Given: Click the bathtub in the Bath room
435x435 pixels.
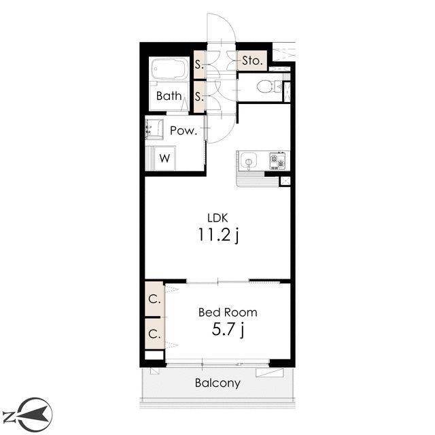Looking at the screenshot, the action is pyautogui.click(x=169, y=69).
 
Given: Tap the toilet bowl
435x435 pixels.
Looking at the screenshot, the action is pyautogui.click(x=268, y=86).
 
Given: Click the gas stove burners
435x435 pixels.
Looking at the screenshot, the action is pyautogui.click(x=278, y=161).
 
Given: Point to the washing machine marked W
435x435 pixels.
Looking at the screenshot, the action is pyautogui.click(x=164, y=158).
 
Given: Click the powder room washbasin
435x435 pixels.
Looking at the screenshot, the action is pyautogui.click(x=154, y=129).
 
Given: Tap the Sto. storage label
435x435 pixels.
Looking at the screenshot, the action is pyautogui.click(x=252, y=60).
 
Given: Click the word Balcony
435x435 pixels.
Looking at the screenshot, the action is pyautogui.click(x=217, y=383).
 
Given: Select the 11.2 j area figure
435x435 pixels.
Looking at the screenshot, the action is pyautogui.click(x=218, y=235).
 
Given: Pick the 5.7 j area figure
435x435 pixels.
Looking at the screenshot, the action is pyautogui.click(x=228, y=330).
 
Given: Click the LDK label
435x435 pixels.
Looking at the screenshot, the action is pyautogui.click(x=217, y=218).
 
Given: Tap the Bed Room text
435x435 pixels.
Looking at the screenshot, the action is pyautogui.click(x=228, y=313).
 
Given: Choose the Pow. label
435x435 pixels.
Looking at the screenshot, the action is pyautogui.click(x=184, y=130).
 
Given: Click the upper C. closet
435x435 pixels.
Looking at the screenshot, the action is pyautogui.click(x=154, y=299).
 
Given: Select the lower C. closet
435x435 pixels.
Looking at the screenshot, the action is pyautogui.click(x=154, y=334).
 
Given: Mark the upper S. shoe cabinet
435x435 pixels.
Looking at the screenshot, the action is pyautogui.click(x=199, y=65).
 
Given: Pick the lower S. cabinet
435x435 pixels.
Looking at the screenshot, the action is pyautogui.click(x=199, y=97).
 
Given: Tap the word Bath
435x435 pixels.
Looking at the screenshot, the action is pyautogui.click(x=169, y=96).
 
